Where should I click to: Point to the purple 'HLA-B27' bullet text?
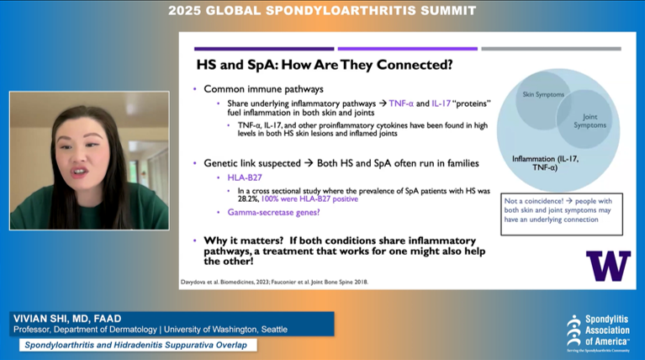245,177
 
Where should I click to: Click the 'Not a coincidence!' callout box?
561,214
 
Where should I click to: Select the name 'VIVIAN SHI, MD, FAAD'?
66,318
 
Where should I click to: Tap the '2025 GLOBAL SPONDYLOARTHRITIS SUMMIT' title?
322,11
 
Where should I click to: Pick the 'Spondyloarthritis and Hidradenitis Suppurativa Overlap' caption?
139,345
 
